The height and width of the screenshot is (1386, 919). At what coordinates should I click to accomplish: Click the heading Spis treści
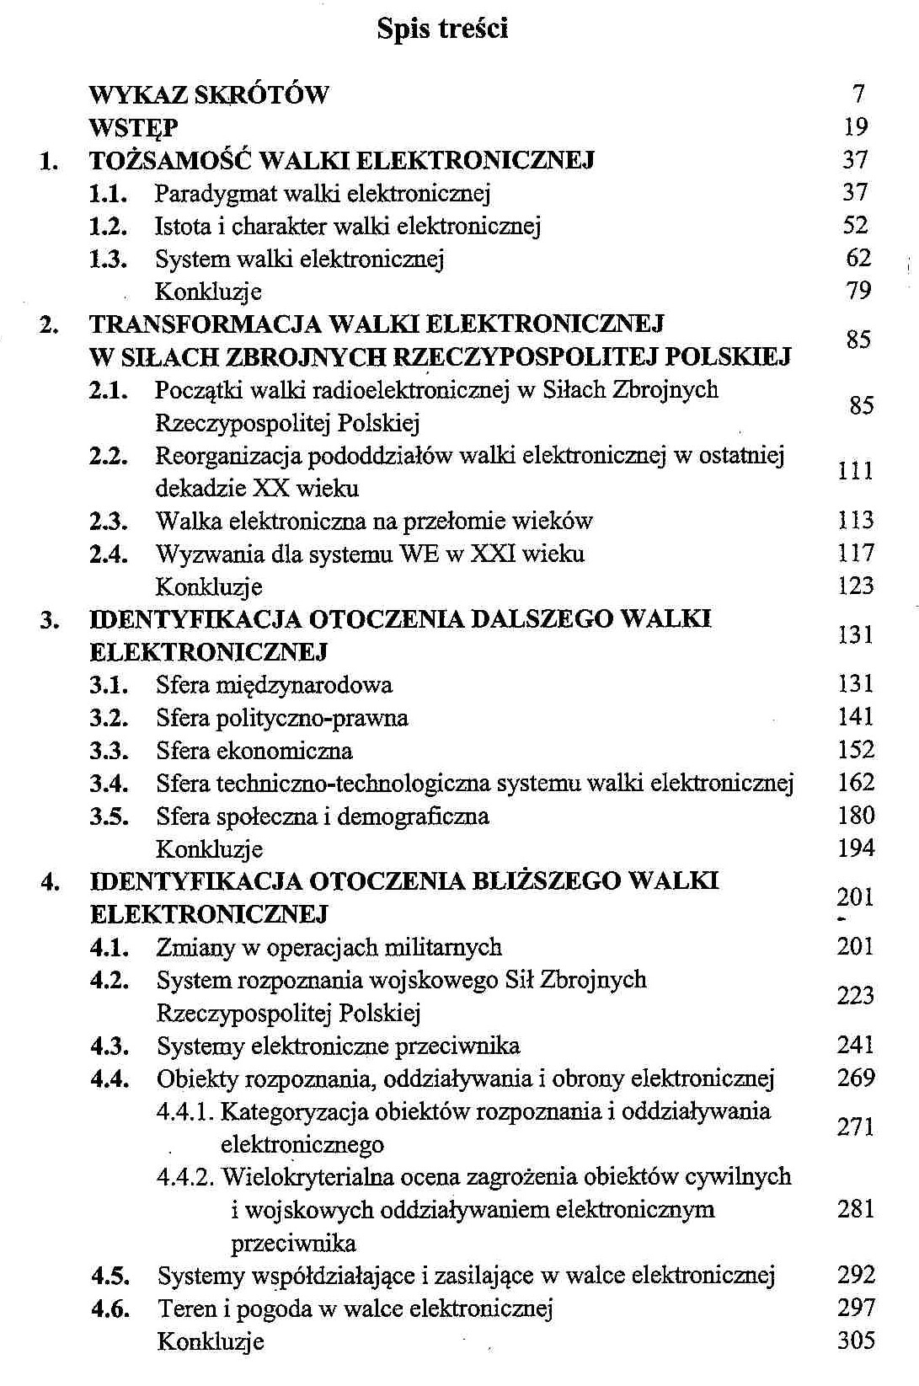point(441,29)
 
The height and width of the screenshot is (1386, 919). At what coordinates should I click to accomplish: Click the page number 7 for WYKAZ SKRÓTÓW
point(858,94)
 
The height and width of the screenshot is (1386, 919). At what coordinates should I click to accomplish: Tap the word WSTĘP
point(133,127)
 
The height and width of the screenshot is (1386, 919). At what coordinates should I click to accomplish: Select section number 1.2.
point(108,226)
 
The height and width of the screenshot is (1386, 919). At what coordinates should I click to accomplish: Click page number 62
point(858,258)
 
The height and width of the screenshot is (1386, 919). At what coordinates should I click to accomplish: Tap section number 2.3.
point(109,522)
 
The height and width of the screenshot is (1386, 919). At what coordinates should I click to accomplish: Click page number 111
point(855,471)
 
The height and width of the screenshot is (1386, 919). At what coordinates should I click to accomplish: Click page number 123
point(856,586)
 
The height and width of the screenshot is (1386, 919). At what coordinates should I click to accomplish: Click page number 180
point(856,816)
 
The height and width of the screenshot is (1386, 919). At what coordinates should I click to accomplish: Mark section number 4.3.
point(110,1047)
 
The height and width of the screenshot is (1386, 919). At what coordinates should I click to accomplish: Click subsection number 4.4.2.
point(186,1177)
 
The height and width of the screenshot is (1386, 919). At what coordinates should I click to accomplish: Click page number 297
point(857,1308)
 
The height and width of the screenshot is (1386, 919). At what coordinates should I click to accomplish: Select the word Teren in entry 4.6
point(182,1309)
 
